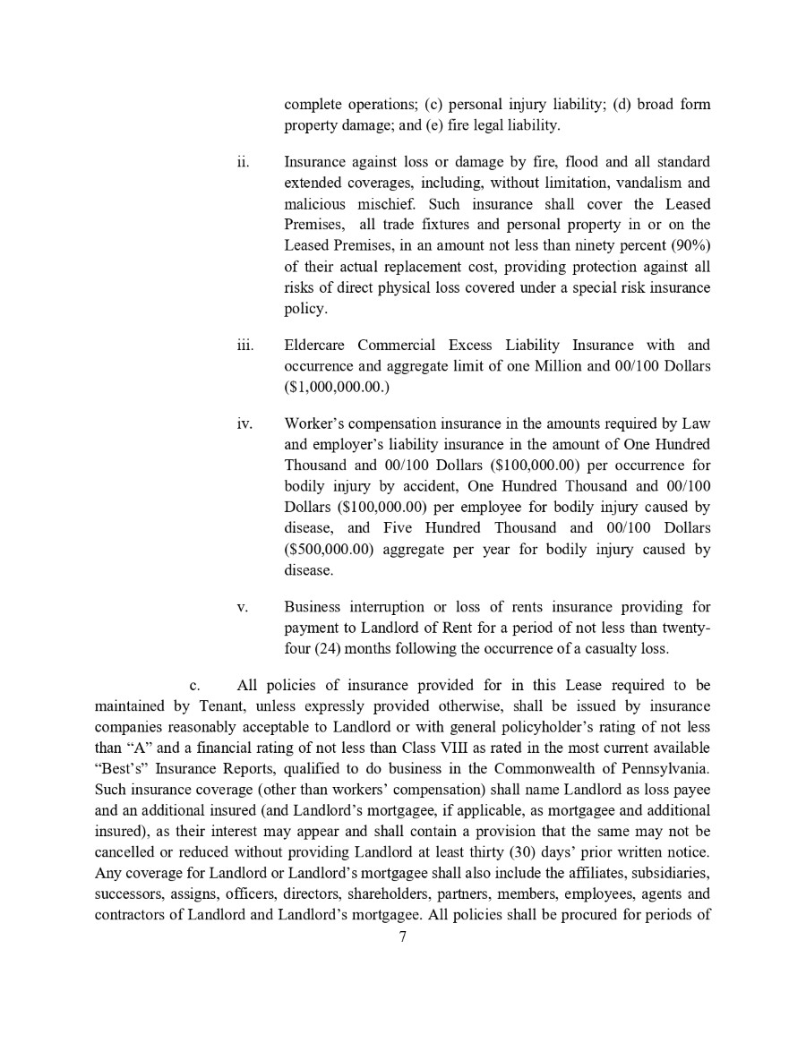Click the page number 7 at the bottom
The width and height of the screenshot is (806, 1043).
[x=403, y=937]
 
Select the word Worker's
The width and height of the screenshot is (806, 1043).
[x=313, y=423]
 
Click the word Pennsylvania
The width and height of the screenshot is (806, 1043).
[x=660, y=768]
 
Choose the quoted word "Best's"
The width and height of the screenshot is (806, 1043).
[x=123, y=768]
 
